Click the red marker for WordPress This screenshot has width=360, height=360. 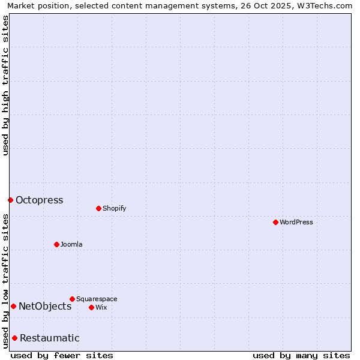point(275,222)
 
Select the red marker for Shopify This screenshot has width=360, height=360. point(98,208)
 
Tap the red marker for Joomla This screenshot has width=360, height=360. point(56,244)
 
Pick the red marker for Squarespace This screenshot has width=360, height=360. point(72,299)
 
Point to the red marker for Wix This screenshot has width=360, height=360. point(91,307)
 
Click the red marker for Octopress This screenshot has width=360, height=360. point(10,200)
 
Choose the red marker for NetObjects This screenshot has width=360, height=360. point(13,306)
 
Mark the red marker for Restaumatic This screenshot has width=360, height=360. point(14,338)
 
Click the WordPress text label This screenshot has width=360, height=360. point(296,222)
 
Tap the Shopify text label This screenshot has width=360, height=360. point(114,208)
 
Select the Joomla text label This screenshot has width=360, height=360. point(71,244)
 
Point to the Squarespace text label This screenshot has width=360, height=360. point(97,299)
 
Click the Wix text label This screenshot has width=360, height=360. point(101,307)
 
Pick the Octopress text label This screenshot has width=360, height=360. point(39,200)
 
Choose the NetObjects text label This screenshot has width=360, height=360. point(45,307)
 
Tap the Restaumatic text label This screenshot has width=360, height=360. point(49,338)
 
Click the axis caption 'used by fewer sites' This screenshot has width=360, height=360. point(62,355)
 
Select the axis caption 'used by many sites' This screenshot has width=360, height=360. point(301,355)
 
